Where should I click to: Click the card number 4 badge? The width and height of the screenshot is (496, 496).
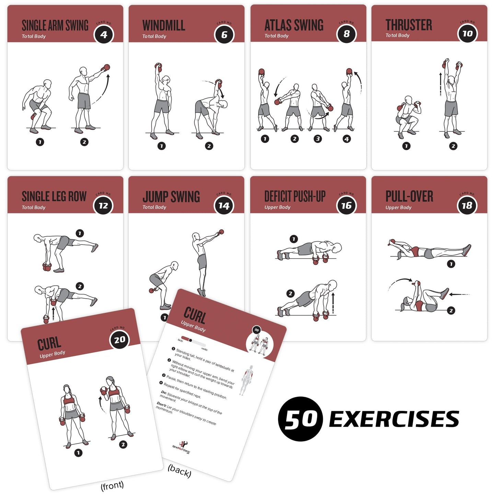104,35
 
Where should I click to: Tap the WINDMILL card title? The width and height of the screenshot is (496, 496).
163,25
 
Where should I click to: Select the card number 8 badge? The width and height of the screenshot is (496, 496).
346,34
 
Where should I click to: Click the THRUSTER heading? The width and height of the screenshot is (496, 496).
408,25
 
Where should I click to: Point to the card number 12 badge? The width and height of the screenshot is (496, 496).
103,206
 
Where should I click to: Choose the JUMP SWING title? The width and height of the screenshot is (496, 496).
171,197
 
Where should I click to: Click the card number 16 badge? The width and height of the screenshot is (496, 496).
346,206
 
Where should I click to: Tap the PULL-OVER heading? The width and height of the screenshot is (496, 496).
409,196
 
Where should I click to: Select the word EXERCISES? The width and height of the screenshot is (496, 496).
394,419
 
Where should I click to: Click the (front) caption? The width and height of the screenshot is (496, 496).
112,486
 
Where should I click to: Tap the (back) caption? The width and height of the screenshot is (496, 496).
179,471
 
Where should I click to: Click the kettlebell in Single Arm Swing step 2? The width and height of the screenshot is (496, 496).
106,67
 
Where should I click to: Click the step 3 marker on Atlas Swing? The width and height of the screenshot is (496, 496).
318,139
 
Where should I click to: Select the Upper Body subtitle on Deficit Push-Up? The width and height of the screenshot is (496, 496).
277,207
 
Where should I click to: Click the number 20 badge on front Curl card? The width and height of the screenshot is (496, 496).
119,340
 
